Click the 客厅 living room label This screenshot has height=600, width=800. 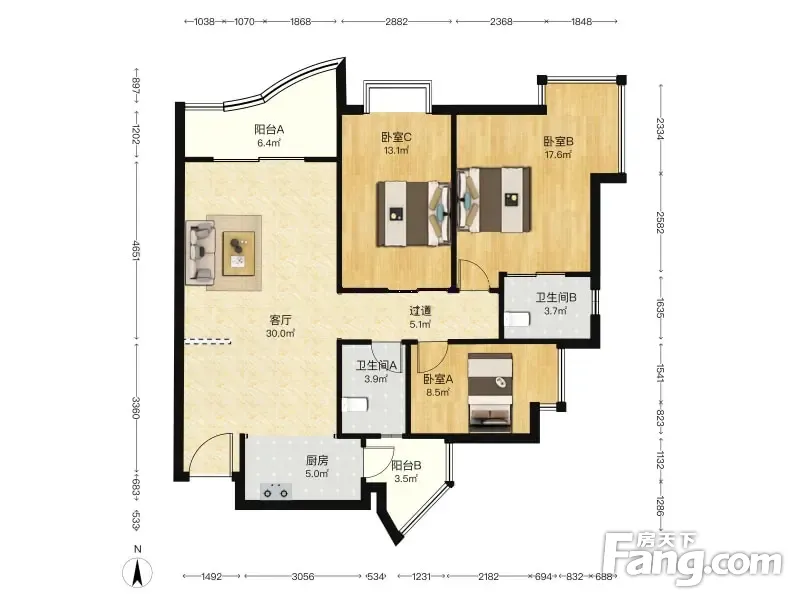[281, 320]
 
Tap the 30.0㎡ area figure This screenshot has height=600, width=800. [281, 334]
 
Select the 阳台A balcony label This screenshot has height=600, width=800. [269, 130]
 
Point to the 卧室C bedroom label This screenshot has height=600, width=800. [396, 137]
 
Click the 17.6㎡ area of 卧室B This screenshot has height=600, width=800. [558, 155]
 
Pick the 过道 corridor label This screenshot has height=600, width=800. [420, 310]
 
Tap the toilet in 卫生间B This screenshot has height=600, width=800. [517, 319]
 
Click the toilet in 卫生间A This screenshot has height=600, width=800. [355, 405]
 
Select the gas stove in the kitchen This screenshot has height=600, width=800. [276, 491]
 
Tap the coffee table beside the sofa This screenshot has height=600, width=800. [239, 254]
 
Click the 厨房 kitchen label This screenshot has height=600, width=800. [317, 461]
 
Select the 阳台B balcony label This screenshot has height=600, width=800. [406, 465]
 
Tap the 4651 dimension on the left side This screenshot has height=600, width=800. [136, 252]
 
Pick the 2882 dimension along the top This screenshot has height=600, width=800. [396, 21]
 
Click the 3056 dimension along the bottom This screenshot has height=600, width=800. [303, 577]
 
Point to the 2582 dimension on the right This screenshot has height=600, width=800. [660, 222]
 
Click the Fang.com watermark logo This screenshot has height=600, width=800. [693, 559]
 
